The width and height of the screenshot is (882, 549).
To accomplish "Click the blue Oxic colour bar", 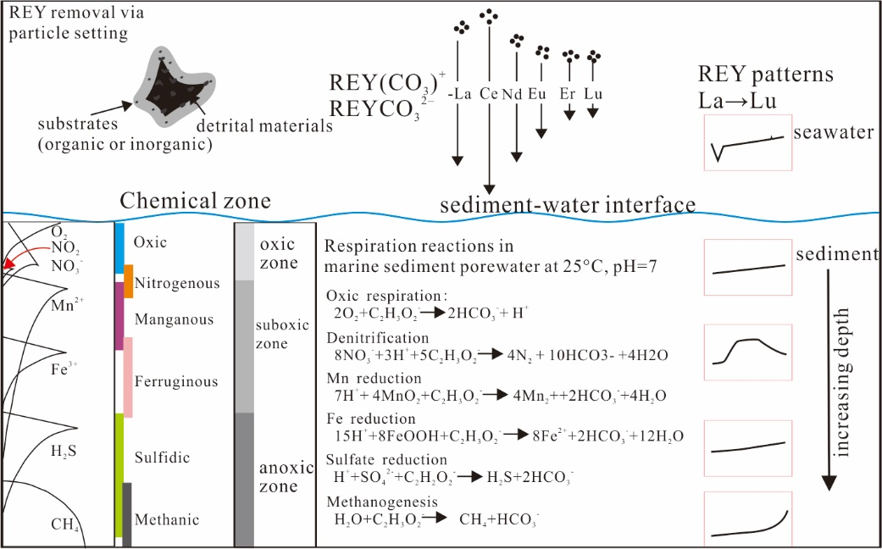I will pyautogui.click(x=120, y=247).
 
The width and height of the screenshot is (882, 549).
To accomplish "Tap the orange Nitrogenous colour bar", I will pyautogui.click(x=129, y=281).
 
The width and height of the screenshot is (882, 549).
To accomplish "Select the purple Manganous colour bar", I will pyautogui.click(x=119, y=316).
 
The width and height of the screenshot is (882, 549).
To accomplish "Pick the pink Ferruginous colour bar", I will pyautogui.click(x=128, y=376).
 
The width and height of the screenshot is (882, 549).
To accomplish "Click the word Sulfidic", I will pyautogui.click(x=162, y=458).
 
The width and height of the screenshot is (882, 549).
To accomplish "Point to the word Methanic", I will pyautogui.click(x=166, y=519).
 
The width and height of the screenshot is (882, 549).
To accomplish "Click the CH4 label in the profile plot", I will pyautogui.click(x=65, y=524).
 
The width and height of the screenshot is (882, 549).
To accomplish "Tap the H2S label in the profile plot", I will pyautogui.click(x=64, y=452).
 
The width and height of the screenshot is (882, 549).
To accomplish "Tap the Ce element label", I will pyautogui.click(x=489, y=95).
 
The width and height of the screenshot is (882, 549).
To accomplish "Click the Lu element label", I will pyautogui.click(x=593, y=95).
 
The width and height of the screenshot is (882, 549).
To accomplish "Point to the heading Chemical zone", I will pyautogui.click(x=195, y=201).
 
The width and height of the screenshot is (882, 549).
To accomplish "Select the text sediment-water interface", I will pyautogui.click(x=568, y=206).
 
